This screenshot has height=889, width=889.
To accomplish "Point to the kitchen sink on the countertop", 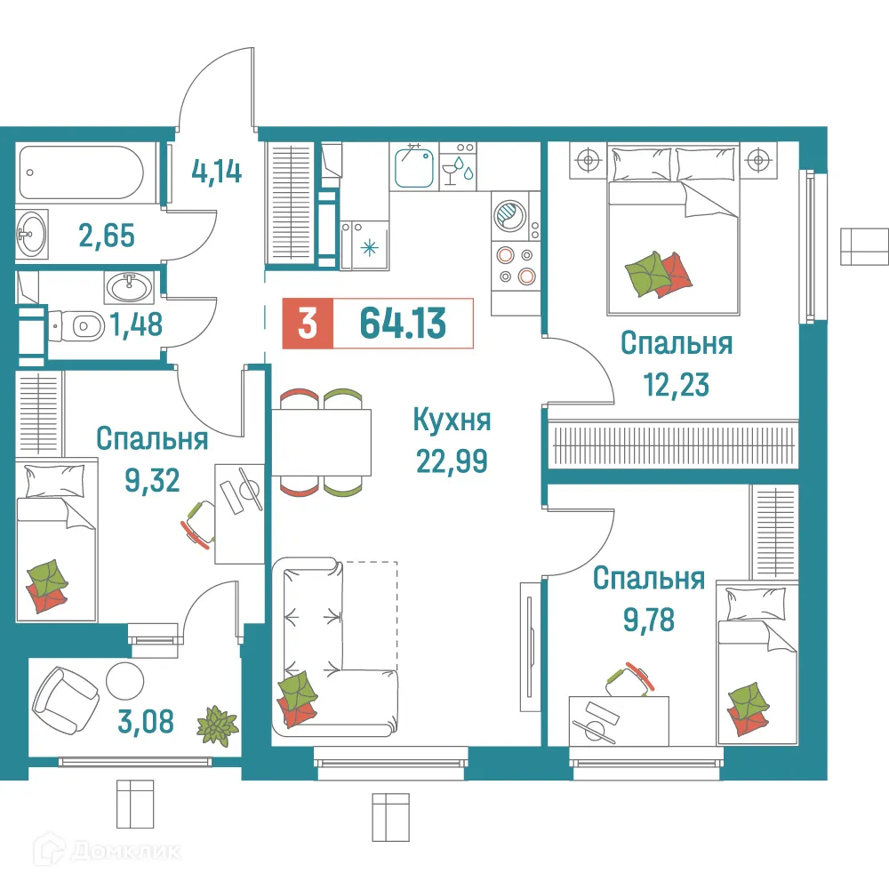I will tap(412, 167).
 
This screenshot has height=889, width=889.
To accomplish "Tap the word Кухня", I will tap(452, 420).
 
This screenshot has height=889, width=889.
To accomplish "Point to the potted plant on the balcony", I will tap(217, 724).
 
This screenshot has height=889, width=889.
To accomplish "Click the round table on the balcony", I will tap(124, 681).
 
